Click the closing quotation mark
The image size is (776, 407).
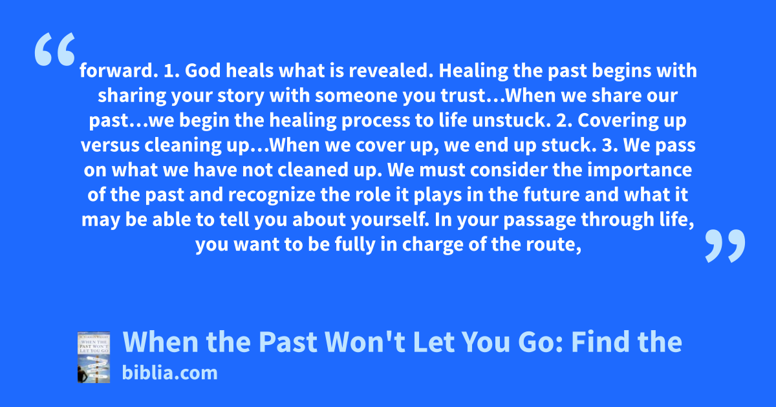coord(725,245)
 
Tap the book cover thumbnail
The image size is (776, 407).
coord(94,357)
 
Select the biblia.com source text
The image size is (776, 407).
coord(169,373)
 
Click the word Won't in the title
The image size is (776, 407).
coord(365,342)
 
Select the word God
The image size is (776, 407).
coord(202,70)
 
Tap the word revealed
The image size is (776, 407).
coord(391,70)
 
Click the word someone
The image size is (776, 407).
coord(356,96)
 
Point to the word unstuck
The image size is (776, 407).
coord(512,120)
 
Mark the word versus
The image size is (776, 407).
coord(110,145)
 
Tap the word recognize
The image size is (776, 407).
coord(272,195)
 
